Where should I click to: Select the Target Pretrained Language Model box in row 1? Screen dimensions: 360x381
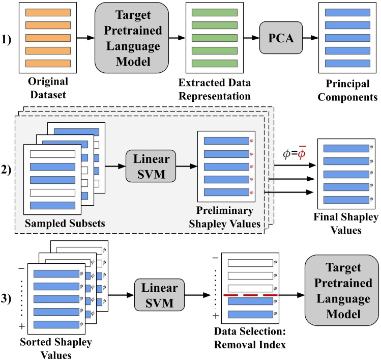[124, 38]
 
